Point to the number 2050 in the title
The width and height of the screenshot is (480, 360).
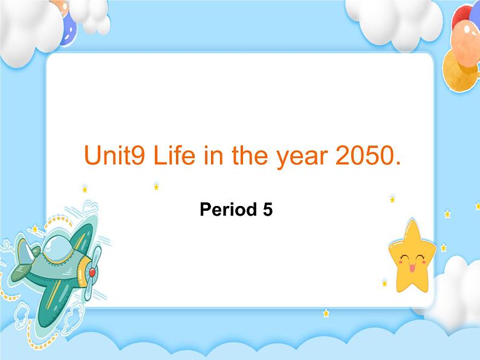362,156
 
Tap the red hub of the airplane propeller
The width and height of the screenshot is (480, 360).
92,273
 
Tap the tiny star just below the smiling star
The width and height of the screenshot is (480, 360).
384,282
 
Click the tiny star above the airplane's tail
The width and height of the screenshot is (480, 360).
34,228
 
